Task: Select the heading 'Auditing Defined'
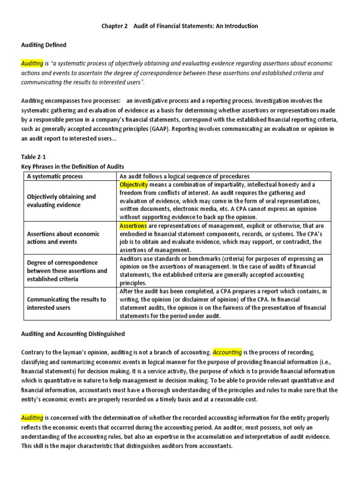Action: click(x=44, y=45)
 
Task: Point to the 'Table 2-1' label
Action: click(x=34, y=157)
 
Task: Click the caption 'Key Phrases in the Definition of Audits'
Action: click(x=72, y=166)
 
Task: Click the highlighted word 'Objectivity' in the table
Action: click(x=134, y=185)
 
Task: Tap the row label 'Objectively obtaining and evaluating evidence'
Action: click(x=61, y=201)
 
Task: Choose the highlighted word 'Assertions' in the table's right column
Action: click(x=133, y=225)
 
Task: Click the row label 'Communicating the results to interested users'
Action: click(x=67, y=303)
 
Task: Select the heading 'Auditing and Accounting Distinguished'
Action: click(x=73, y=334)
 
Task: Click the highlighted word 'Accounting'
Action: click(x=227, y=352)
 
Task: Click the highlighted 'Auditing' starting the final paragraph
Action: click(x=32, y=417)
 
